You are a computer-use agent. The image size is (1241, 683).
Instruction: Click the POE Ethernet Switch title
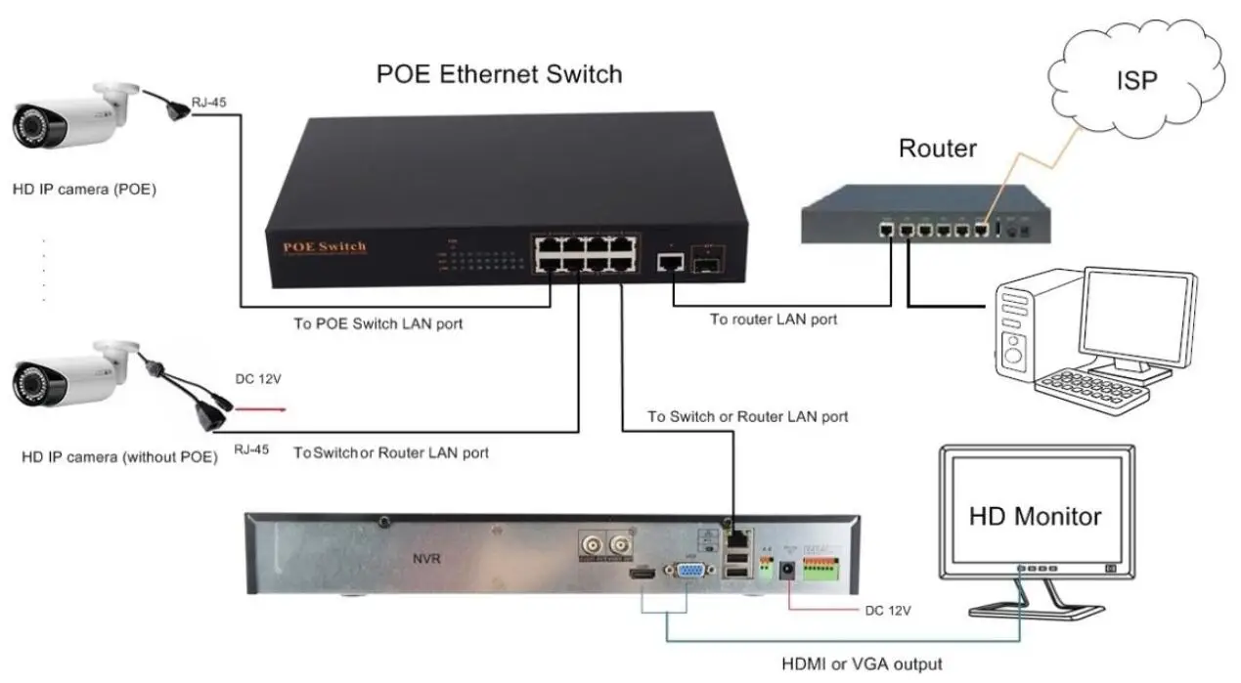tap(499, 74)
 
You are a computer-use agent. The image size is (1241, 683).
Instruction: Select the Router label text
tap(937, 149)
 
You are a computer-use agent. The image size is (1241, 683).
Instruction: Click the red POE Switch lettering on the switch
tap(324, 245)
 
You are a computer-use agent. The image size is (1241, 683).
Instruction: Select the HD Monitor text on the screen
tap(1035, 516)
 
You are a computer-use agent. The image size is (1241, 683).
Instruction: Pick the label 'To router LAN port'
tap(773, 320)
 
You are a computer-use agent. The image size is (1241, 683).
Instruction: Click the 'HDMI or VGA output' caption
tap(862, 664)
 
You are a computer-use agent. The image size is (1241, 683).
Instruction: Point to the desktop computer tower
tap(1022, 332)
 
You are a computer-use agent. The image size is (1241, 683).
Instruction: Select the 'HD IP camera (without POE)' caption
tap(119, 456)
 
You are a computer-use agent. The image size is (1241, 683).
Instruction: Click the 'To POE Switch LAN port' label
tap(378, 323)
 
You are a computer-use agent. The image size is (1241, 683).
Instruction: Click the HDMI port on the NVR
tap(641, 576)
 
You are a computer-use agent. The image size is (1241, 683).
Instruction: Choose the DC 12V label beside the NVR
tap(888, 611)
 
